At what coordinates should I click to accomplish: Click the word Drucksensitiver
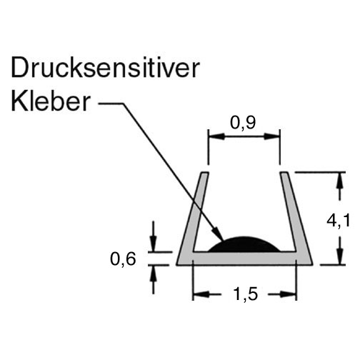point(105,69)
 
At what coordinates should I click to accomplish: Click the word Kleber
point(51,101)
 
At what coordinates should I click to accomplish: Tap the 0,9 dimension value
point(243,123)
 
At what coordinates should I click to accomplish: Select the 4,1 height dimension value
point(339,221)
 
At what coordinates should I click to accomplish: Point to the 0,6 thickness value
point(123,259)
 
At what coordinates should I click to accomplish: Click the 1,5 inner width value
point(246,294)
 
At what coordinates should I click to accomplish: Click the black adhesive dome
point(244,244)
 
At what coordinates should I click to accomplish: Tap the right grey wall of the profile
point(295,214)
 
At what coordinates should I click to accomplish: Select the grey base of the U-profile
point(244,258)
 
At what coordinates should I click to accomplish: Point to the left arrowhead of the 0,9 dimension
point(216,136)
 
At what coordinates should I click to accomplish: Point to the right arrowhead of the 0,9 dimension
point(272,136)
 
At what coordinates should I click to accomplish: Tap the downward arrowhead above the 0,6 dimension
point(154,244)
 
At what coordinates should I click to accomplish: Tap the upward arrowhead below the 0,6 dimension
point(154,274)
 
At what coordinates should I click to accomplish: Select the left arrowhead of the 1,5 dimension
point(201,294)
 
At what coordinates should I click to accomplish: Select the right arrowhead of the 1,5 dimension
point(288,294)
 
